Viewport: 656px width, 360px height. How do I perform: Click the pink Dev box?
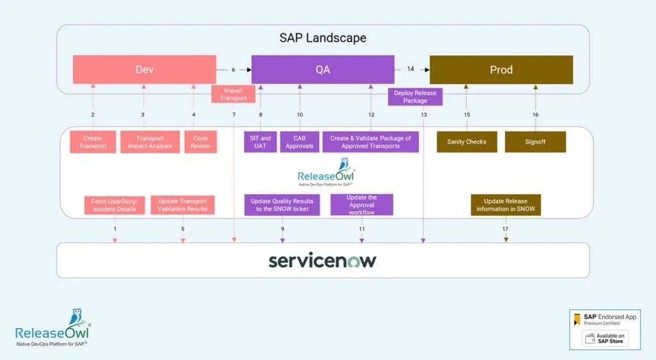coord(144,70)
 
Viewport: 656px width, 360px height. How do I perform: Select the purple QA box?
coord(323,70)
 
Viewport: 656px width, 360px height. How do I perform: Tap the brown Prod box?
coord(501,70)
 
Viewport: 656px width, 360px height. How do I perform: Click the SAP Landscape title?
coord(323,38)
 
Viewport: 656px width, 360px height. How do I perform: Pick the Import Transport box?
coord(233,94)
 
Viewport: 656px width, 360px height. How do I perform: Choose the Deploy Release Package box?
coord(415,97)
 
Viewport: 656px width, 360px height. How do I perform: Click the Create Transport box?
coord(92,142)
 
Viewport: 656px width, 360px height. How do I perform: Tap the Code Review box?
coord(201,142)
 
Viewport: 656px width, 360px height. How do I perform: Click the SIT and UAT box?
coord(260,142)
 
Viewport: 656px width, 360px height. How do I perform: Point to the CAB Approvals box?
coord(299,142)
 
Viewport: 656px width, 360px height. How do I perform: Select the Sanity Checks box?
coord(466,142)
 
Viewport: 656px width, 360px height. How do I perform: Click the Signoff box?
coord(535,142)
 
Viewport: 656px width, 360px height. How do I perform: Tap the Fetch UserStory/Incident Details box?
coord(114,205)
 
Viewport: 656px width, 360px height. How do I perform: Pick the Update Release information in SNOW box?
coord(506,205)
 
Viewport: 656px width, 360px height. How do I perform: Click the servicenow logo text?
coord(322,261)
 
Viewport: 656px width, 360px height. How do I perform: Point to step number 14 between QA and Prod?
coord(411,69)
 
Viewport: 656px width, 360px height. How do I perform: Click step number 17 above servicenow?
coord(505,229)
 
